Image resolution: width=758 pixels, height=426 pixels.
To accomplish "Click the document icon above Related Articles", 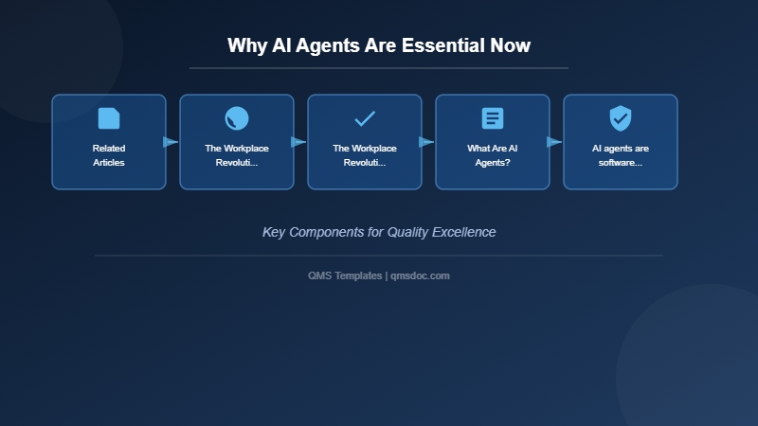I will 109,118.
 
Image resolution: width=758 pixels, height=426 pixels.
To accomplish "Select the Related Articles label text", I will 109,155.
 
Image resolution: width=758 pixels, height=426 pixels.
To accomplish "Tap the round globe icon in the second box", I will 237,118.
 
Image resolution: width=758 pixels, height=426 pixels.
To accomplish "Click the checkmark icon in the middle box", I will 365,118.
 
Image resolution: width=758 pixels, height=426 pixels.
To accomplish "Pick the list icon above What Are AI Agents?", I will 493,118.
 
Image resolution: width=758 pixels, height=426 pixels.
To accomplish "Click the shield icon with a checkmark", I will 621,118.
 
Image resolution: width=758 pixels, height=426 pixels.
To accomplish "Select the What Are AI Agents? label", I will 493,155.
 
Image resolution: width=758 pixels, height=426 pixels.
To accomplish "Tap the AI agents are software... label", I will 621,155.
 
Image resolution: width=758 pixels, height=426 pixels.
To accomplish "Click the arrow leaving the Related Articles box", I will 171,142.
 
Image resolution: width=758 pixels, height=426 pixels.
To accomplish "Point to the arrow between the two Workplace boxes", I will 299,142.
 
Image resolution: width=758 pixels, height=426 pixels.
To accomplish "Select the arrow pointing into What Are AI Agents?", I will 427,142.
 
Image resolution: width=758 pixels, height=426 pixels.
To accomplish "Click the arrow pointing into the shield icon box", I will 555,142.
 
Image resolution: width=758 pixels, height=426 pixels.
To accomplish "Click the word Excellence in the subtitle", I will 463,232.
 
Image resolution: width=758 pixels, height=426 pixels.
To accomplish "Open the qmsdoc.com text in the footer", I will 421,275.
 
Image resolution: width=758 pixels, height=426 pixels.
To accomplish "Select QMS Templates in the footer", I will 345,275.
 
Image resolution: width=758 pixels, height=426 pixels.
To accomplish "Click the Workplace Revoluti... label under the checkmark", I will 365,155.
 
